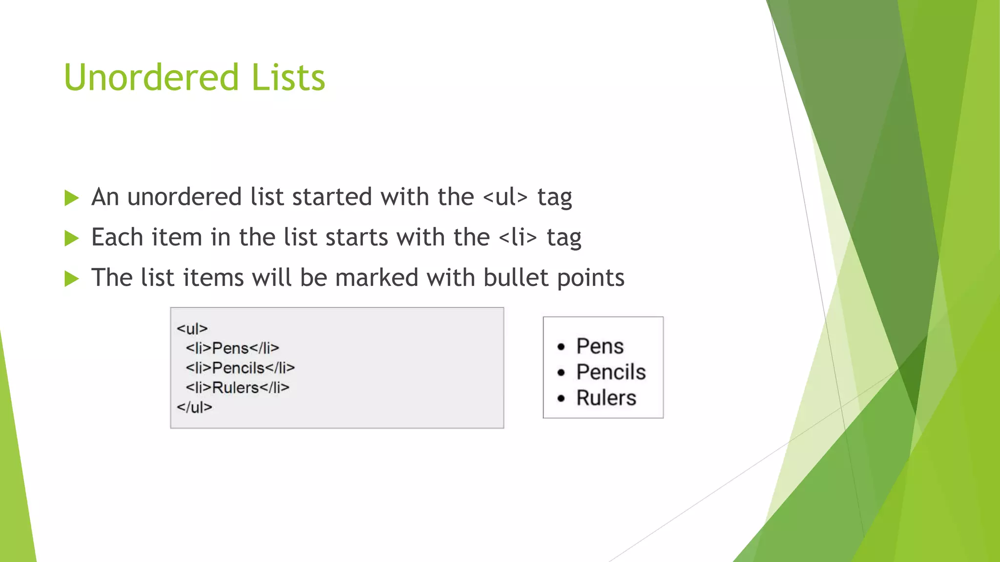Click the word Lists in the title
(288, 78)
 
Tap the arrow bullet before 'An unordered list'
(71, 198)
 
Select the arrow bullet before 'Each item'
(71, 239)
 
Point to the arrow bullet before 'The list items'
(71, 279)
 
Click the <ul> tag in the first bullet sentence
(505, 198)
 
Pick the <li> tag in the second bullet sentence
(518, 238)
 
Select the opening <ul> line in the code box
(192, 329)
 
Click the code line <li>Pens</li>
(232, 348)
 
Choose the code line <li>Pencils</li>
(240, 368)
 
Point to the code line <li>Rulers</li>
(237, 388)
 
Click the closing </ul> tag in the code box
(194, 407)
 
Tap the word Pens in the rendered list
(600, 346)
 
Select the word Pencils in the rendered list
(611, 372)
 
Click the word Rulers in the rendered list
(606, 398)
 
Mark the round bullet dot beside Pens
(561, 347)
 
